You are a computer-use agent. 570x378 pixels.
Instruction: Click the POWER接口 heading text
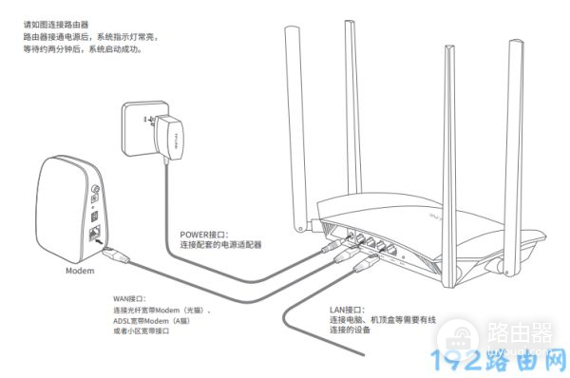pyautogui.click(x=204, y=232)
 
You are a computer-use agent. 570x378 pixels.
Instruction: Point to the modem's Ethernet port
pyautogui.click(x=96, y=232)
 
